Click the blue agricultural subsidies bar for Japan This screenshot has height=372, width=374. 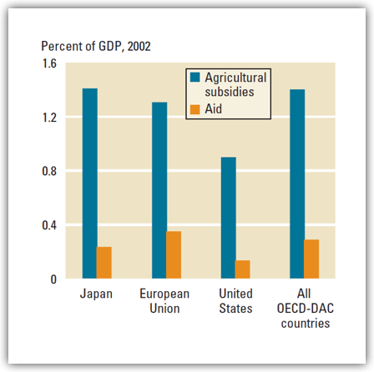point(89,183)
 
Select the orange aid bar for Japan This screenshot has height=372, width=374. point(104,262)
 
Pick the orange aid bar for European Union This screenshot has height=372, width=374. point(174,254)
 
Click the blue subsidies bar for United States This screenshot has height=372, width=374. point(228,218)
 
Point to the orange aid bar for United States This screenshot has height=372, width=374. point(243,269)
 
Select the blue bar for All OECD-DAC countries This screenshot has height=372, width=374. point(297,183)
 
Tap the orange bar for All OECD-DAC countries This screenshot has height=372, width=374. point(311,259)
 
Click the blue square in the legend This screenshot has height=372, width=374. point(195,77)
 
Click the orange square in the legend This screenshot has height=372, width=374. point(195,107)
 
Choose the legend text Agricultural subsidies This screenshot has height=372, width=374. point(235,84)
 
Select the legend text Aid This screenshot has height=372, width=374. point(212,107)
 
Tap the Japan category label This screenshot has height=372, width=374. point(97,294)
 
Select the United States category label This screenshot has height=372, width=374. point(235,301)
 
